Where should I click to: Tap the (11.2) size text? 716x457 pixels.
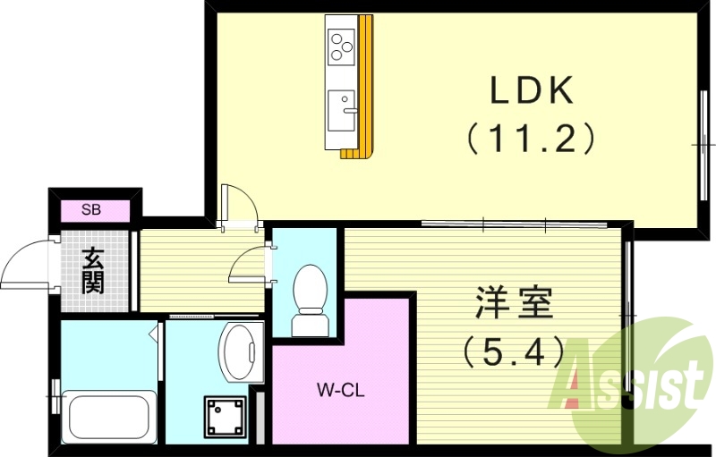click(x=529, y=138)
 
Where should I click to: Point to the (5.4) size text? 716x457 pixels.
click(x=511, y=351)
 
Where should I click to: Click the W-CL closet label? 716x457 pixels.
click(x=340, y=390)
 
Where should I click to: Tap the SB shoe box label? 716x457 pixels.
click(x=91, y=210)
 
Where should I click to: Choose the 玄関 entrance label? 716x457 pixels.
click(x=92, y=271)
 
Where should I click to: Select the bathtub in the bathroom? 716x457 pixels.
click(x=107, y=417)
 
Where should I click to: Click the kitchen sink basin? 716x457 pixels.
click(x=341, y=109)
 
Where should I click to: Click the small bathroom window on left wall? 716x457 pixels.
click(x=55, y=393)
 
